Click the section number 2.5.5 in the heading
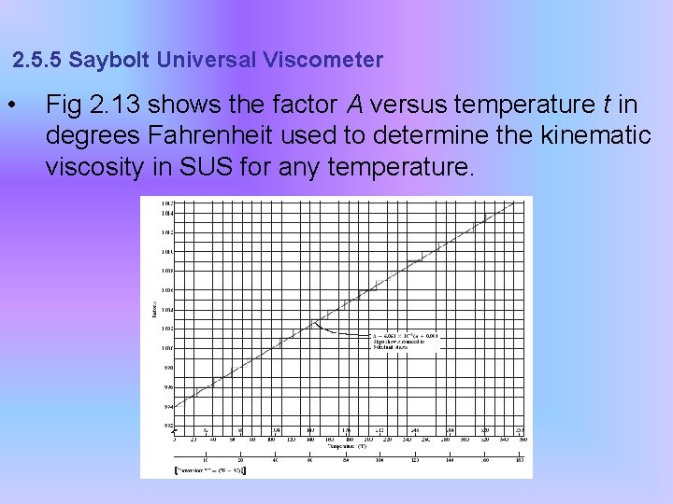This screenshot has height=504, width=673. tap(37, 61)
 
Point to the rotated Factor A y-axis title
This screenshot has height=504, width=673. tap(154, 309)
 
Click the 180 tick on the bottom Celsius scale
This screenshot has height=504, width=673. tap(520, 460)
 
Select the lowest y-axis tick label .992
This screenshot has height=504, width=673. tap(168, 426)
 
